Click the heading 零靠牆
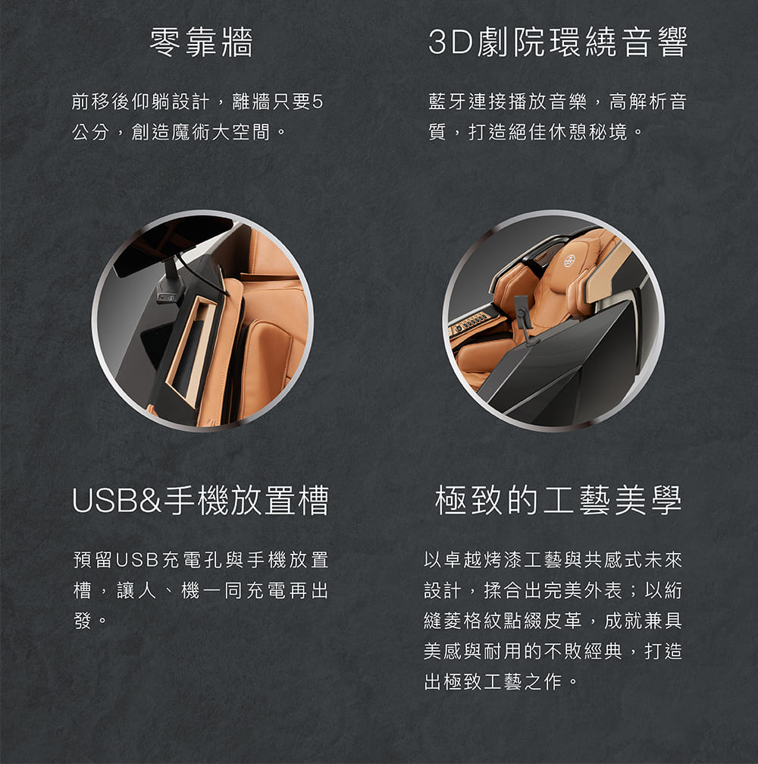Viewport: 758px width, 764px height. [x=200, y=43]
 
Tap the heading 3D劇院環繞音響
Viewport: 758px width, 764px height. [x=557, y=43]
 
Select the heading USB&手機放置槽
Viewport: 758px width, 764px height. [x=200, y=501]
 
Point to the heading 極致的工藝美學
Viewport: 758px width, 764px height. [x=559, y=501]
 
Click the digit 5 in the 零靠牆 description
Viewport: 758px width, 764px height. [x=317, y=102]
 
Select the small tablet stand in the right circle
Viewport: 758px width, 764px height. [x=524, y=319]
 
